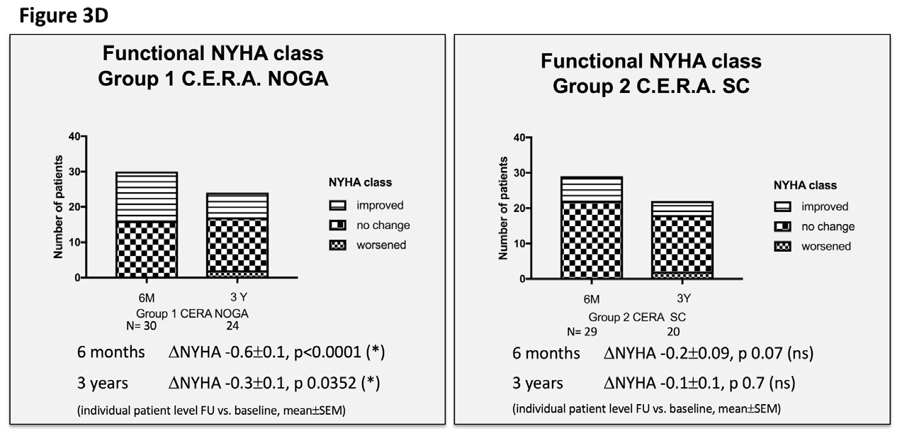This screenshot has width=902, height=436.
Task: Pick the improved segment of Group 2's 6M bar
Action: (591, 188)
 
